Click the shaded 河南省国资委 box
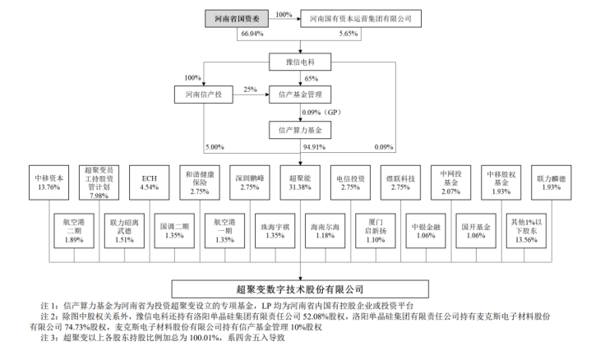click(237, 18)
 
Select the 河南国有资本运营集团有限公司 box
click(361, 18)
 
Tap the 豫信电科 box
click(300, 62)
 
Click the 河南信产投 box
click(204, 95)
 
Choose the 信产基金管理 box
click(300, 95)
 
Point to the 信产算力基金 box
click(300, 130)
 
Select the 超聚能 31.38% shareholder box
click(300, 182)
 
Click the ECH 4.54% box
click(150, 182)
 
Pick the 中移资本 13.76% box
click(49, 182)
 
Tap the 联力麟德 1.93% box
click(552, 182)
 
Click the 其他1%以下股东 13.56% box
click(526, 231)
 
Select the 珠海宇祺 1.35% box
click(275, 231)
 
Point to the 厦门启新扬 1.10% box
click(376, 231)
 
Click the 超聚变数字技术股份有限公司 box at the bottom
click(300, 289)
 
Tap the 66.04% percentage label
click(252, 34)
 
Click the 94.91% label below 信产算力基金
click(314, 147)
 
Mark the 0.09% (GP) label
click(321, 113)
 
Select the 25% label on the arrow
click(250, 90)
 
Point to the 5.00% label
click(215, 147)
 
